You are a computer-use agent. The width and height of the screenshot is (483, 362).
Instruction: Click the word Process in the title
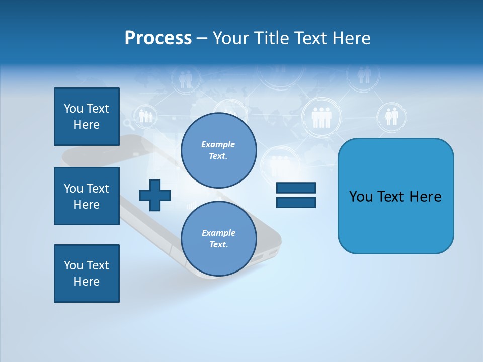click(x=158, y=38)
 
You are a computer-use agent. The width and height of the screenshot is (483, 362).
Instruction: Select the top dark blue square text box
click(x=87, y=117)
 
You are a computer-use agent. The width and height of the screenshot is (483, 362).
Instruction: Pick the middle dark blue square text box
click(x=87, y=196)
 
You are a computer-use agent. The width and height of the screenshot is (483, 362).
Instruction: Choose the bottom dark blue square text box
click(x=87, y=274)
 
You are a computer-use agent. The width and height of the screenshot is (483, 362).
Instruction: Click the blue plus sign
click(x=154, y=195)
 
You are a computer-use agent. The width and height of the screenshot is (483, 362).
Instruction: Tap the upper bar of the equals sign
click(x=296, y=188)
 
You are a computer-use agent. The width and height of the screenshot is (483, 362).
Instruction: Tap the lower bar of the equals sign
click(x=296, y=202)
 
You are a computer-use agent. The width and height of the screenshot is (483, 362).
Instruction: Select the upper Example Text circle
click(x=218, y=150)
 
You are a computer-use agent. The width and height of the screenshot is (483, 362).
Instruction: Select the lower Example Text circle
click(x=218, y=238)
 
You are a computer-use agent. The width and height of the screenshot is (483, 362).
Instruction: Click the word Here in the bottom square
click(x=87, y=282)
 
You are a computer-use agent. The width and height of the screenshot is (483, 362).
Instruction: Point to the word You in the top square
click(x=73, y=109)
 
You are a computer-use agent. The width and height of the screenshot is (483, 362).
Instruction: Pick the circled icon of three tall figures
click(x=321, y=118)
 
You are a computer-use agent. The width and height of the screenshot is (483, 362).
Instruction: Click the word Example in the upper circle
click(x=218, y=144)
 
